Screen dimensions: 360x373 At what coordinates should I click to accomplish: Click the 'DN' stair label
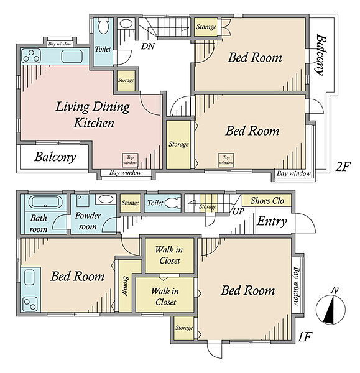coord(148,46)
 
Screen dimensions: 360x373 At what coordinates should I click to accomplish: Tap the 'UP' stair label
coord(238,211)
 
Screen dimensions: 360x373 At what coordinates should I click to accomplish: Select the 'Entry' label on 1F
coord(272,221)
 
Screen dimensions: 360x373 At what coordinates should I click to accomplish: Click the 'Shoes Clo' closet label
coord(267,201)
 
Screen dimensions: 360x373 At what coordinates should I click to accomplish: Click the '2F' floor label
coord(343,167)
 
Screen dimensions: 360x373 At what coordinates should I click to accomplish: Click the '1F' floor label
coord(305,336)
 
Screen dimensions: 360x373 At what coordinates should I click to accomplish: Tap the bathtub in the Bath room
coord(44,203)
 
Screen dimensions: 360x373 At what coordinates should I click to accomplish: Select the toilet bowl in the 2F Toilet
coord(103,25)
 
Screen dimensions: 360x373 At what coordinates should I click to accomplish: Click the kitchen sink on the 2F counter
coord(72,57)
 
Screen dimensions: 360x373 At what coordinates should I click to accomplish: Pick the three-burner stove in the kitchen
coord(30,56)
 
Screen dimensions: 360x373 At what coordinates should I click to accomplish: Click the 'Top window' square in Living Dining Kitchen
coord(130,160)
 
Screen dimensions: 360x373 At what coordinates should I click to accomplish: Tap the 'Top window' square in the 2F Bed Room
coord(226,160)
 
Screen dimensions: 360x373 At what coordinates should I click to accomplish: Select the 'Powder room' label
coord(88,221)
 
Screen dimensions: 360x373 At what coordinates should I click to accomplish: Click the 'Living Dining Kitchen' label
coord(93,114)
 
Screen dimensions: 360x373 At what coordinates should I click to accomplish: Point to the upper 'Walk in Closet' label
coord(169,255)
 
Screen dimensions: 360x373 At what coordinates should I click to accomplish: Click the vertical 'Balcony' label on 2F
coord(320,55)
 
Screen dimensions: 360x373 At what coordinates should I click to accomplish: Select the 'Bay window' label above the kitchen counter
coord(60,44)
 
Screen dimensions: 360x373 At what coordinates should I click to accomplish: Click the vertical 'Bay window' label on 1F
coord(297,286)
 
